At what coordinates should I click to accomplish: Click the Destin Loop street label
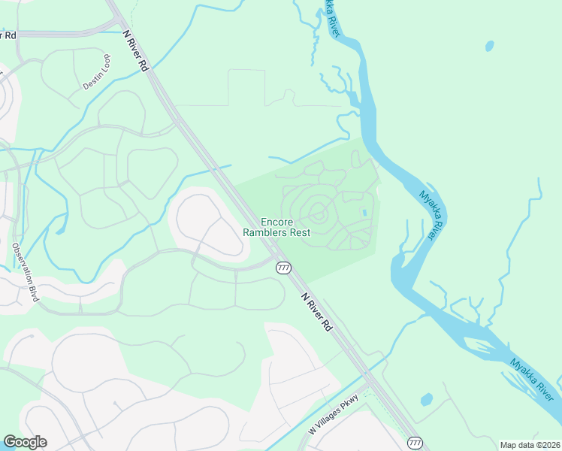(97, 72)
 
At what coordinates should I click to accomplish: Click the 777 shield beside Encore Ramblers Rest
(283, 268)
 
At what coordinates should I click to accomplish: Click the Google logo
(25, 442)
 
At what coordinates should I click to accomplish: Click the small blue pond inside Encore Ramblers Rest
(364, 213)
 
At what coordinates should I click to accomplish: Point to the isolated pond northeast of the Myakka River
(490, 46)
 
